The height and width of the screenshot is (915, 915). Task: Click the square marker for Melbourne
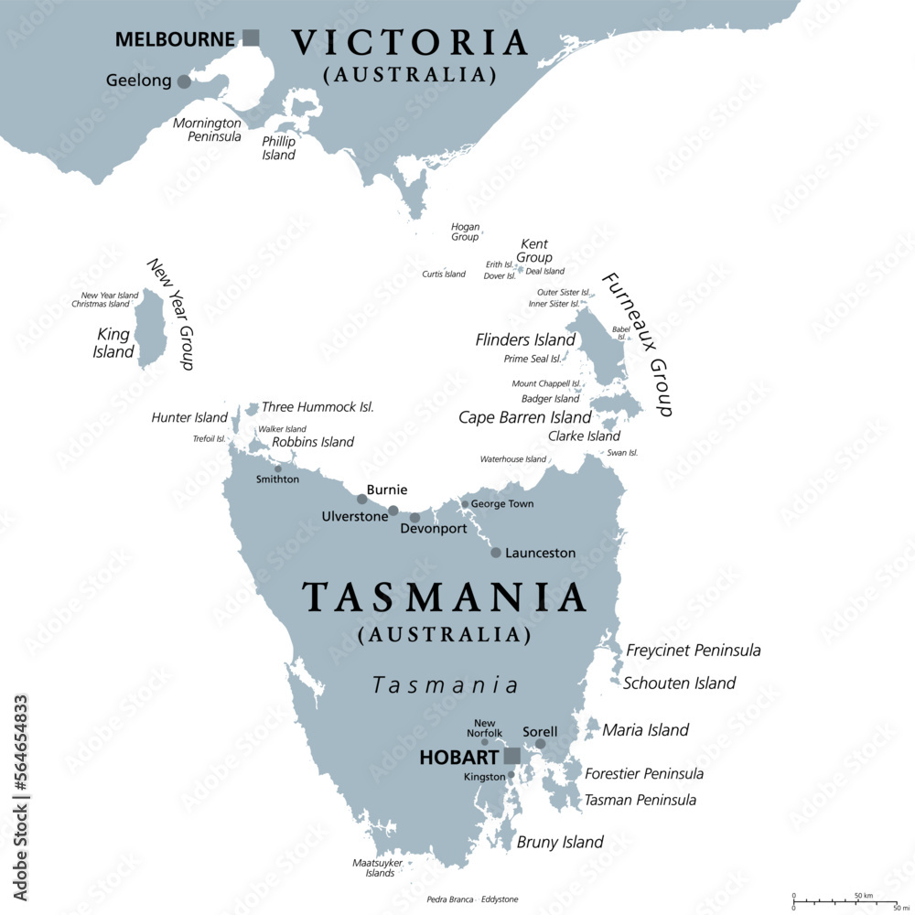tap(251, 38)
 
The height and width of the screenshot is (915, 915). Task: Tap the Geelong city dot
tap(184, 81)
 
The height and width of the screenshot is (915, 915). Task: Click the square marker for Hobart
tap(512, 756)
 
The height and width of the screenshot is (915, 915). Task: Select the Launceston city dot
tap(496, 553)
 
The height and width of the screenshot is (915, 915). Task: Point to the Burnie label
tap(386, 490)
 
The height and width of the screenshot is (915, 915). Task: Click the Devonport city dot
tap(414, 518)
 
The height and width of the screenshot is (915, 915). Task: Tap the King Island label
tap(113, 343)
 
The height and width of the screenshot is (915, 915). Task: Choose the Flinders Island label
tap(525, 339)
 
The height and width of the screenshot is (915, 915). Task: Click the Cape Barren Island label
tap(525, 417)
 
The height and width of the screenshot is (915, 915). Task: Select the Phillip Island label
tap(279, 148)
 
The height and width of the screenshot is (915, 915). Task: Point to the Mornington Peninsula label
tap(208, 129)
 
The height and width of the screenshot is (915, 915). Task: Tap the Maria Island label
tap(646, 730)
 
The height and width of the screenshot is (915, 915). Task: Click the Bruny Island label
tap(560, 842)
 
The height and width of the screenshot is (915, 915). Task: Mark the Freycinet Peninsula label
tap(694, 651)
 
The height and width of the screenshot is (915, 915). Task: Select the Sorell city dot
tap(541, 744)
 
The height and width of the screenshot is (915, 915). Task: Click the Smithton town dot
tap(278, 468)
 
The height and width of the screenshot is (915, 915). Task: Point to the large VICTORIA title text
tap(410, 43)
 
